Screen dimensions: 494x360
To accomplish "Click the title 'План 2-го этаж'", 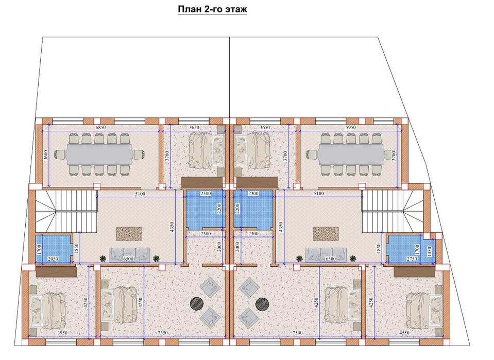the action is click(212, 9).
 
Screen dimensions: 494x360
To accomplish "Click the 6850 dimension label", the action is click(100, 128).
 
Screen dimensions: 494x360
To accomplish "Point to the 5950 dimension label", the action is click(350, 128).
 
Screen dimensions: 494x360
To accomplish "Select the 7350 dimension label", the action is click(162, 333).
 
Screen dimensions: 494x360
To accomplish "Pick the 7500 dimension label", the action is click(297, 333).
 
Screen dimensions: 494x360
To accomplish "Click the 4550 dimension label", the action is click(404, 333).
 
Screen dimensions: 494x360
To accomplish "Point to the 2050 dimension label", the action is click(53, 259).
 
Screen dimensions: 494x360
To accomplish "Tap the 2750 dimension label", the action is click(412, 259).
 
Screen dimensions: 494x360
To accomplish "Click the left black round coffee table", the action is click(197, 303).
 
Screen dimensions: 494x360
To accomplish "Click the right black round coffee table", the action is click(262, 303).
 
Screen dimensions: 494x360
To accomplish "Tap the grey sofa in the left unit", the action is click(130, 254).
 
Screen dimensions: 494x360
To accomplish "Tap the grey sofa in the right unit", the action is click(326, 254).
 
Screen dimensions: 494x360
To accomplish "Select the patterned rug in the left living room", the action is click(129, 234).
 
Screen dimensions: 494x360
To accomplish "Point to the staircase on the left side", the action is click(66, 211).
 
